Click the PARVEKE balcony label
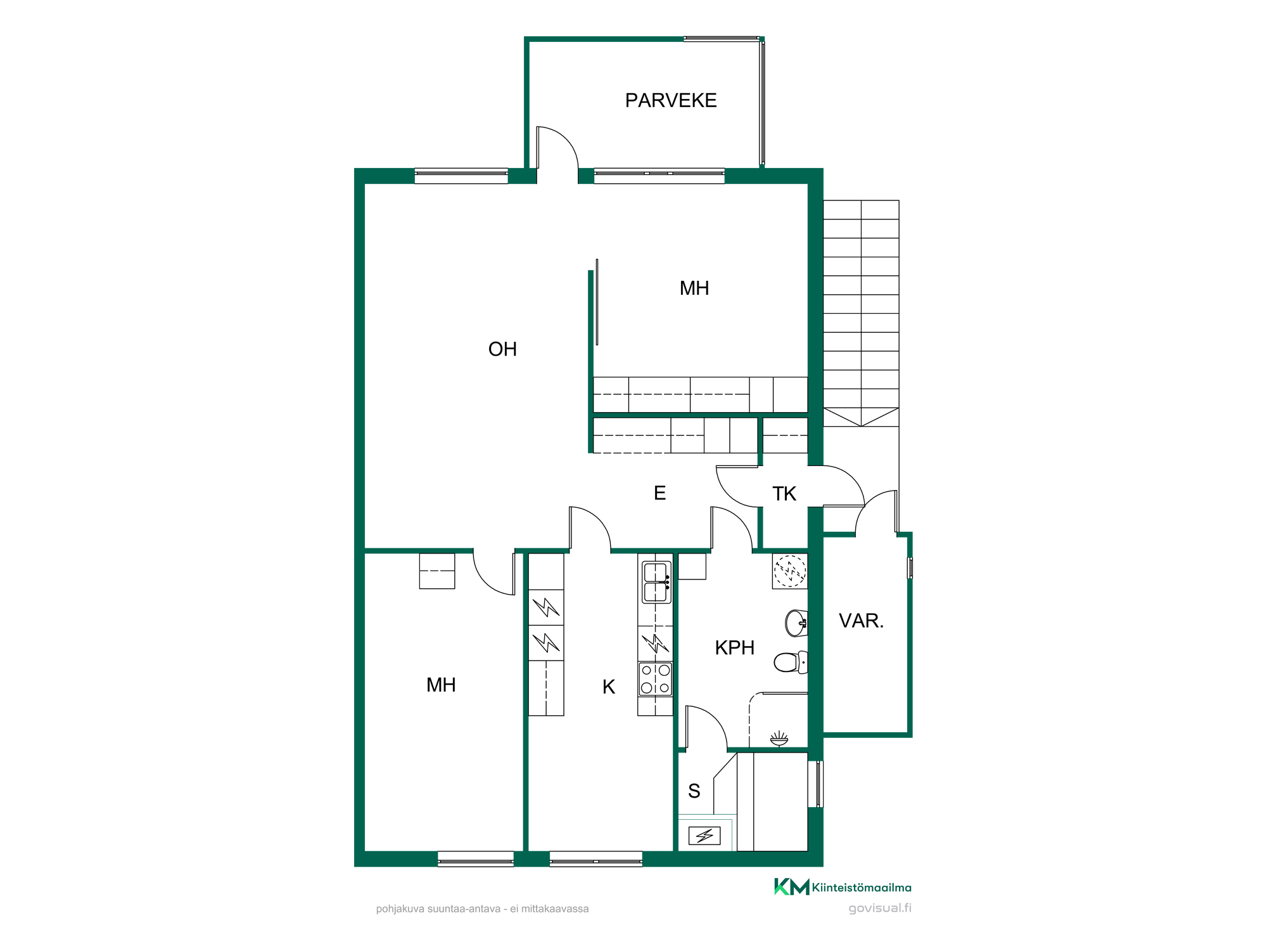(671, 100)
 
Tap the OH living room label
(502, 349)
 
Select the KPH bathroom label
(734, 648)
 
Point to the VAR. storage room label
(861, 621)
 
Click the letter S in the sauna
(694, 791)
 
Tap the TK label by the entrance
(784, 494)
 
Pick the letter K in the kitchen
(609, 687)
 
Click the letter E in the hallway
(659, 493)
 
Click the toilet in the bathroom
(791, 663)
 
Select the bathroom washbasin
(796, 623)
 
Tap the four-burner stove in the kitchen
(655, 679)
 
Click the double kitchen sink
(656, 582)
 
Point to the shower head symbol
(779, 739)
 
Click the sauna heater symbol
(704, 836)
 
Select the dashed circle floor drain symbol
(790, 571)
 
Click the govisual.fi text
(880, 908)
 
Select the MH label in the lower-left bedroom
(441, 685)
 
